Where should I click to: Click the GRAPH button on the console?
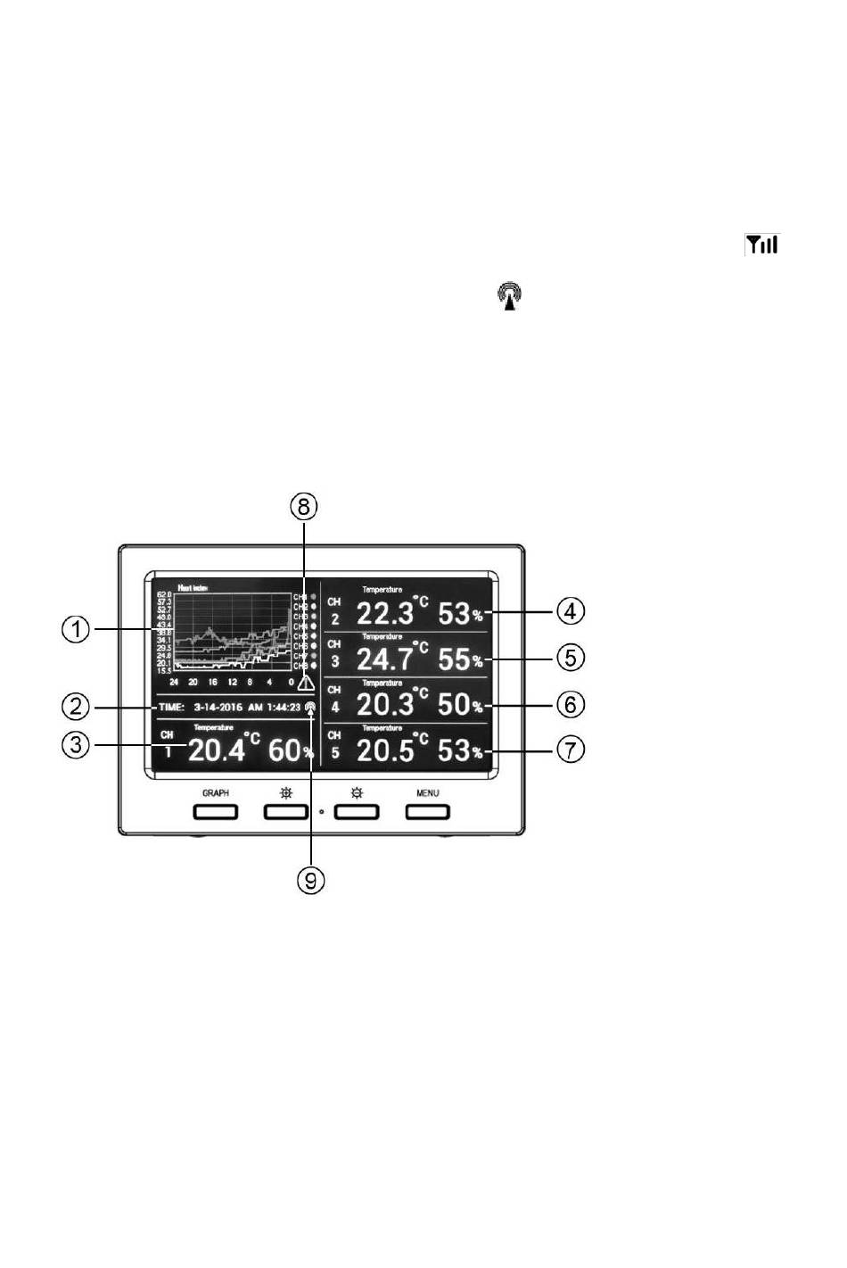pyautogui.click(x=216, y=811)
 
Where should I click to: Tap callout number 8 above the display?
pyautogui.click(x=304, y=507)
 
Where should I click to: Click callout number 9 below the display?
pyautogui.click(x=311, y=881)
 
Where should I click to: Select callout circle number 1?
pyautogui.click(x=76, y=630)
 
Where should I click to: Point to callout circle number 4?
pyautogui.click(x=571, y=611)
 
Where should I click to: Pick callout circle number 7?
pyautogui.click(x=571, y=750)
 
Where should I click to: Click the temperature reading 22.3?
pyautogui.click(x=385, y=613)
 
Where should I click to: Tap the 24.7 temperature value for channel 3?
pyautogui.click(x=385, y=659)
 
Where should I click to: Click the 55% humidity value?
pyautogui.click(x=460, y=659)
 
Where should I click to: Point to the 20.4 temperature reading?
pyautogui.click(x=217, y=750)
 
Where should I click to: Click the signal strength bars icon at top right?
pyautogui.click(x=762, y=244)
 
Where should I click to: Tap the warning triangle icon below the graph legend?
pyautogui.click(x=306, y=684)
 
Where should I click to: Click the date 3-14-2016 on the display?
pyautogui.click(x=218, y=708)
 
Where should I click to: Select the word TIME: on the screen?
pyautogui.click(x=171, y=708)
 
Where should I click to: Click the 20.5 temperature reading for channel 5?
pyautogui.click(x=385, y=750)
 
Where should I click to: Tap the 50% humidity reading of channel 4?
pyautogui.click(x=460, y=705)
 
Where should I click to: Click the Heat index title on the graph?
pyautogui.click(x=193, y=588)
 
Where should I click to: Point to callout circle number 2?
pyautogui.click(x=76, y=707)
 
